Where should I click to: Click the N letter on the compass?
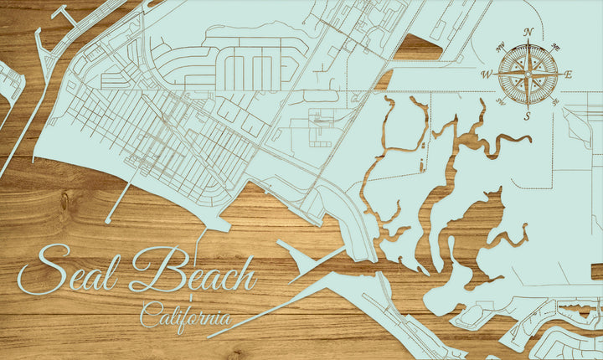coord(528,33)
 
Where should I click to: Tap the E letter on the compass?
coord(568,75)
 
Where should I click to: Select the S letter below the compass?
coord(527,116)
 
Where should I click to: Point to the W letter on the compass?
coord(486,75)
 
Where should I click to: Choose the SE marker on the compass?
coord(555,101)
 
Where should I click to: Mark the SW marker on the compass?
coord(500,101)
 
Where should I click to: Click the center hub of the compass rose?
coord(528,75)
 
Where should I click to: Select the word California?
coord(185,317)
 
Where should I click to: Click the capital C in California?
coord(147,317)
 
